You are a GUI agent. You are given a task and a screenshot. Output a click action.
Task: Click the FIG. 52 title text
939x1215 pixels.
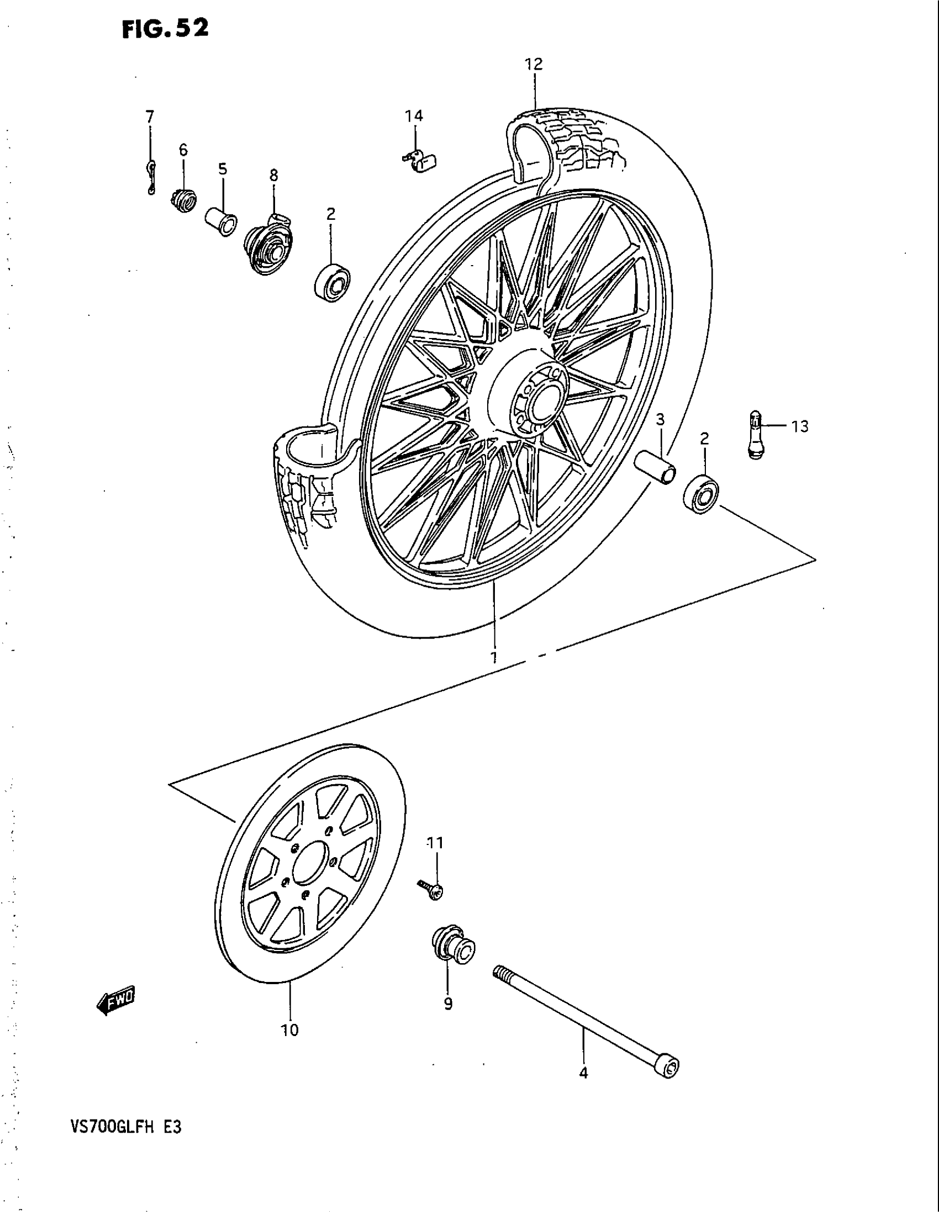click(x=165, y=28)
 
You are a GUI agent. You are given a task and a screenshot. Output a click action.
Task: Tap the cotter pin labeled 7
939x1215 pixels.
click(x=150, y=177)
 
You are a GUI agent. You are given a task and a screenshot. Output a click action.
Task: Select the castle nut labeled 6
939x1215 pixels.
click(x=182, y=200)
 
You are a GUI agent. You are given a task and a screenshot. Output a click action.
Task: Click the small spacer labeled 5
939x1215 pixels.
click(x=221, y=222)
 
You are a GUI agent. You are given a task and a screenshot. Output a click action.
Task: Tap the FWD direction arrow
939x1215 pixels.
click(x=115, y=1002)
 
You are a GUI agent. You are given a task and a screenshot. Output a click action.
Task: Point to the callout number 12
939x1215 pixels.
click(x=533, y=65)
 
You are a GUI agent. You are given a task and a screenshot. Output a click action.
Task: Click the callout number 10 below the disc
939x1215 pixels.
click(x=290, y=1031)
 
